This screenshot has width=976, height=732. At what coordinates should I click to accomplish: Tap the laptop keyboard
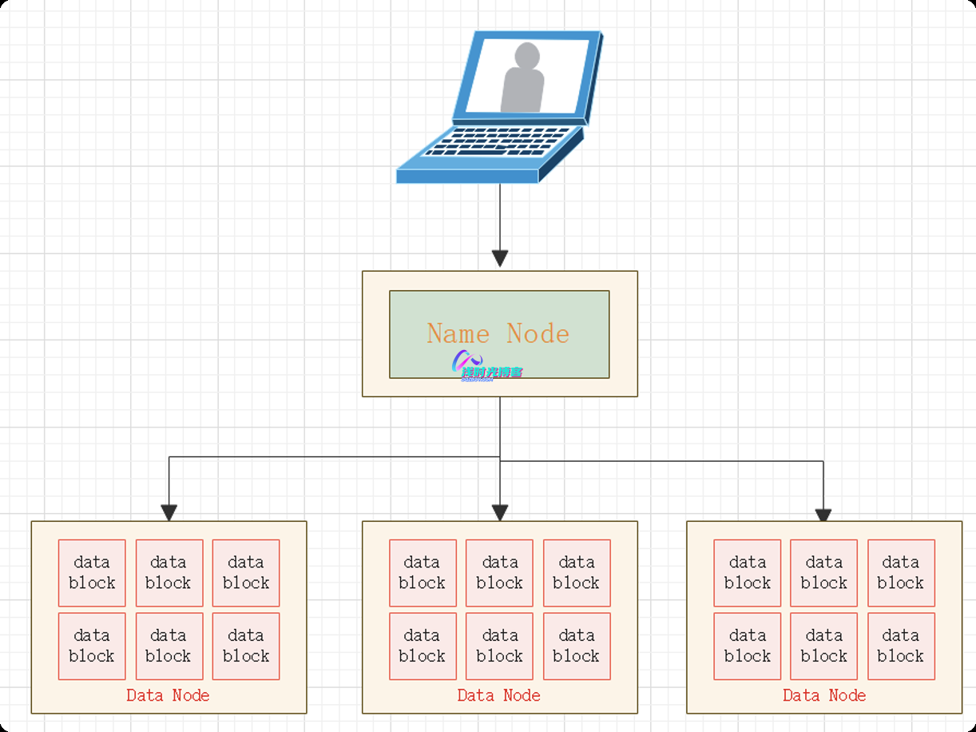click(499, 142)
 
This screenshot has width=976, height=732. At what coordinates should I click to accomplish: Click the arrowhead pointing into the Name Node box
click(500, 258)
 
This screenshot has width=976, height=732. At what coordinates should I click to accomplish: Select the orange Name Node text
click(498, 333)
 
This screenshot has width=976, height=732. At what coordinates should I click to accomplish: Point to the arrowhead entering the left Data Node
click(169, 512)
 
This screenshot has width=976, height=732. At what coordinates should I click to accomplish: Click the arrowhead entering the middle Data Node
click(500, 512)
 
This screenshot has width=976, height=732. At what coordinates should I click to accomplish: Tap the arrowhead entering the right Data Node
click(823, 515)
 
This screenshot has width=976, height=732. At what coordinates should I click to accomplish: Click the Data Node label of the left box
click(168, 695)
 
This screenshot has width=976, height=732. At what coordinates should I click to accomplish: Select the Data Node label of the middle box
click(499, 695)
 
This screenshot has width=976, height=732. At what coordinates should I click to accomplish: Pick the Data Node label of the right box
click(824, 695)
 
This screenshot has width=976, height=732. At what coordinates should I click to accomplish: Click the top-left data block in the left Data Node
click(92, 572)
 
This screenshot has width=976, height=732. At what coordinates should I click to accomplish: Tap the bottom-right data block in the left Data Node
click(246, 646)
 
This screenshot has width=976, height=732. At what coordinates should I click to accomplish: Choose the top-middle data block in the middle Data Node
click(499, 572)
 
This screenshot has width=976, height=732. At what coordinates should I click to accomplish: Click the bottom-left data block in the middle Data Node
click(423, 646)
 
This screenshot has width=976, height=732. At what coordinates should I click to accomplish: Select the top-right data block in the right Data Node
click(901, 572)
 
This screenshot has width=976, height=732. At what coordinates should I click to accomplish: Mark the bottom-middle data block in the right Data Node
click(823, 646)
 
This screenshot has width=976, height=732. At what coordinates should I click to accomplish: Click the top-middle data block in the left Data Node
click(169, 572)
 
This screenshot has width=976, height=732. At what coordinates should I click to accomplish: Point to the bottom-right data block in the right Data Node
click(901, 646)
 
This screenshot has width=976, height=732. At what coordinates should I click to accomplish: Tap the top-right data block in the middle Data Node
click(577, 572)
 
